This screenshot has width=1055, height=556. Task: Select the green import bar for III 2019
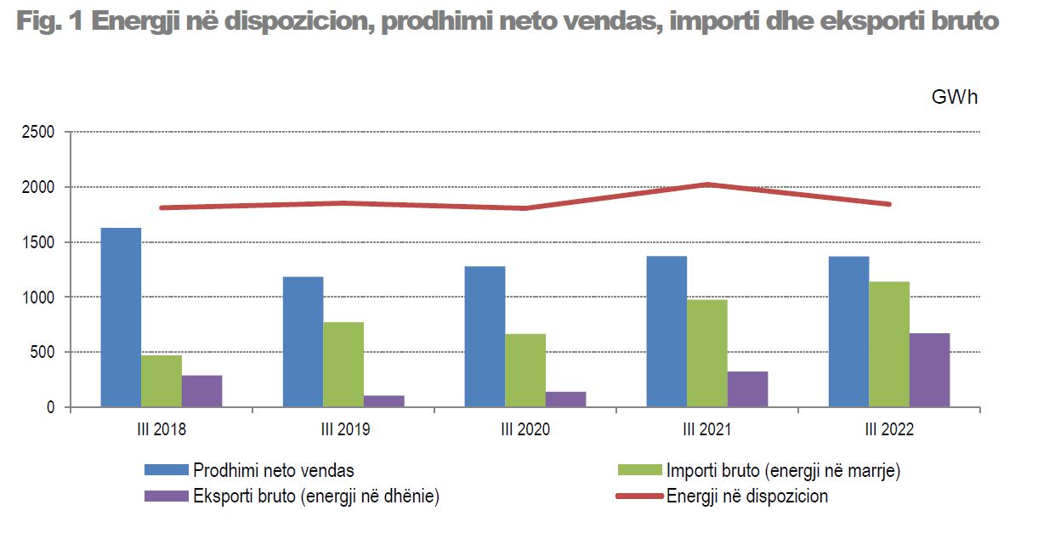click(343, 364)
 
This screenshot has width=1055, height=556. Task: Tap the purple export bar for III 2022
click(929, 370)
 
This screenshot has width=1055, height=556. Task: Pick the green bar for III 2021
click(706, 353)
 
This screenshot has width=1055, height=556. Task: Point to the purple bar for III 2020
click(565, 399)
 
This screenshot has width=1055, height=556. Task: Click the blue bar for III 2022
click(848, 332)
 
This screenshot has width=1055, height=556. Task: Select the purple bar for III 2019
click(383, 400)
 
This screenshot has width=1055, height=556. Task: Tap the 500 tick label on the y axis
click(43, 353)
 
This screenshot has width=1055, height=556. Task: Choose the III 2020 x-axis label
click(525, 429)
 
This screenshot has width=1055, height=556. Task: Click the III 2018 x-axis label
click(161, 429)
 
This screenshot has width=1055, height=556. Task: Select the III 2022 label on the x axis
click(889, 429)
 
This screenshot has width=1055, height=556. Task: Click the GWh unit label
click(955, 97)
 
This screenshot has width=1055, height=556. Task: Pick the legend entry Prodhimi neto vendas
click(274, 470)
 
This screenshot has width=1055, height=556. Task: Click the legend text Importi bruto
click(783, 470)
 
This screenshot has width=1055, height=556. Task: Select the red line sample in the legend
click(638, 496)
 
